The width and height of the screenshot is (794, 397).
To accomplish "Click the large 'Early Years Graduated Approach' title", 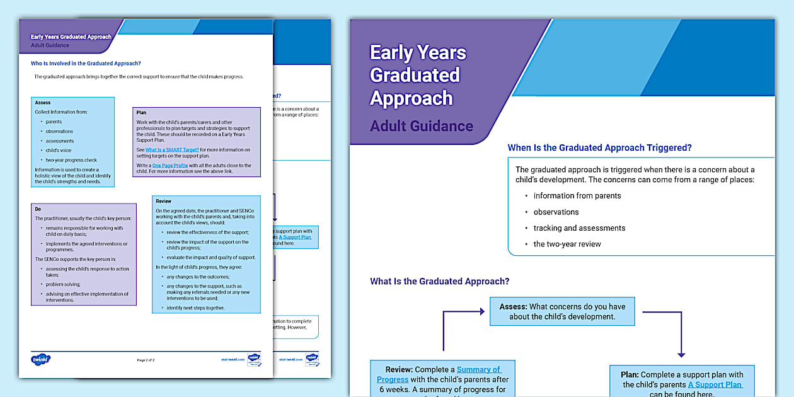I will point(418,75).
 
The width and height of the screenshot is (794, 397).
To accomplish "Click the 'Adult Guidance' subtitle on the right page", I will point(422,126).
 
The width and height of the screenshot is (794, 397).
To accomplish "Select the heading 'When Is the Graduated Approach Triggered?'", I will point(599,148).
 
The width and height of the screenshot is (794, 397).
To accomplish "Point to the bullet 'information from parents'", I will point(577,195).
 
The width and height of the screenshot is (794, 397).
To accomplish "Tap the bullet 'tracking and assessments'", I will point(579,228).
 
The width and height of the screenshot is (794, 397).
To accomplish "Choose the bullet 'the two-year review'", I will point(567,244).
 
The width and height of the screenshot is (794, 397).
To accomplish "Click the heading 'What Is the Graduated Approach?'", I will point(439,282).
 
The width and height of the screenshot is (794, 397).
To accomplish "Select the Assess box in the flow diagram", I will point(562,311).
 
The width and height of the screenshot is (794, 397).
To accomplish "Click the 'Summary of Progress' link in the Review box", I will point(439,374).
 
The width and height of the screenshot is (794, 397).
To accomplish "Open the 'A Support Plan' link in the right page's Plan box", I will point(715,384).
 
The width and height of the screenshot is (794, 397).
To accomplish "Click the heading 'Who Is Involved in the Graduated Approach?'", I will point(86,63).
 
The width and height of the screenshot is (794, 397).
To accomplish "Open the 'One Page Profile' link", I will point(170,166).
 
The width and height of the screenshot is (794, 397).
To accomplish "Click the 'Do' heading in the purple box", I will point(38,209).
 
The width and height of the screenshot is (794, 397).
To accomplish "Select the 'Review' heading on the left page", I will point(163,202).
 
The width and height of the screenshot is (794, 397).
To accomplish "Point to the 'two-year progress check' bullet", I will point(71,160).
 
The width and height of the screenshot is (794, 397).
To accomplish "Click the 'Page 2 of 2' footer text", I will point(146,360).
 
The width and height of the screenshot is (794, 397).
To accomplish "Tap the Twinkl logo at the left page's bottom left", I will point(40,359).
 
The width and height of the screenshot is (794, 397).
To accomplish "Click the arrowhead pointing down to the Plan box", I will point(681,355).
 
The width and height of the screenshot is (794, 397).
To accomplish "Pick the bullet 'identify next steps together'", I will point(195,308).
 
